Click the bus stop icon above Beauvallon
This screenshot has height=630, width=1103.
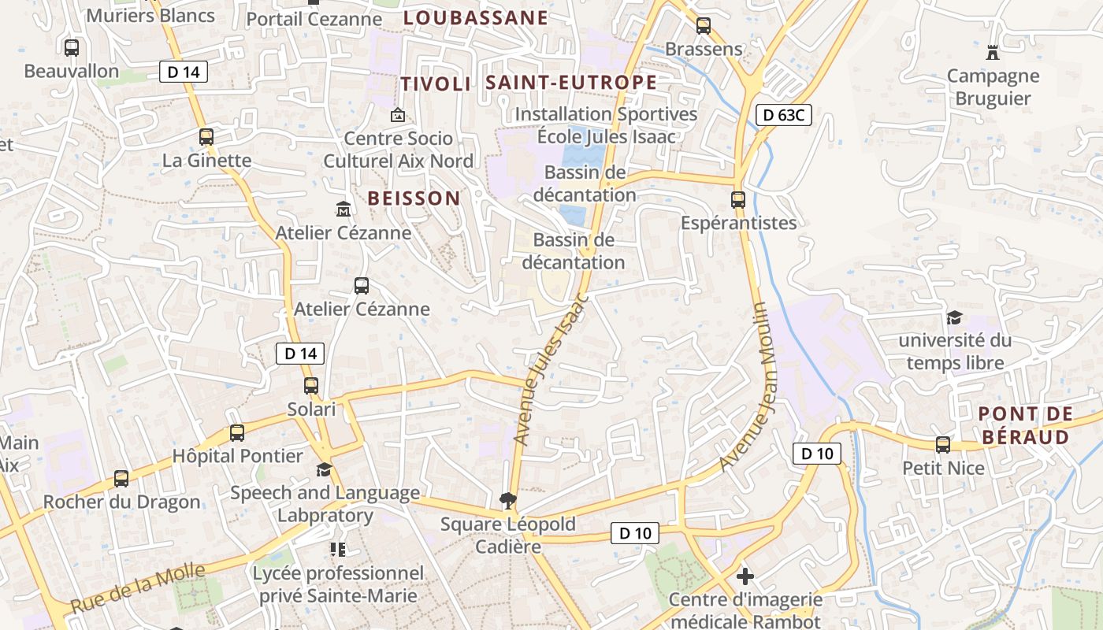point(72,48)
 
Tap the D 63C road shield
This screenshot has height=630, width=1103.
point(783,115)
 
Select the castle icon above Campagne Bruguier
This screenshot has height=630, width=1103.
point(993,53)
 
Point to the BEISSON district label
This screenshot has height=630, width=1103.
point(414,198)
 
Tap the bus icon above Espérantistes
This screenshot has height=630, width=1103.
point(738,200)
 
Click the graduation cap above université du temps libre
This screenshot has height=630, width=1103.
point(955,318)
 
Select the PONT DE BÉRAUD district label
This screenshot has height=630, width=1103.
point(1025,425)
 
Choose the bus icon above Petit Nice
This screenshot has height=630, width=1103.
point(943,445)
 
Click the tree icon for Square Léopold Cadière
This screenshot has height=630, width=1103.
point(507,501)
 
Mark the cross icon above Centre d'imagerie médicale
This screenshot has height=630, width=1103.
point(745,576)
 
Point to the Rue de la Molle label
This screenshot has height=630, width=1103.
point(138,588)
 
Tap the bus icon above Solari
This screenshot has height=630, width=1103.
point(311,386)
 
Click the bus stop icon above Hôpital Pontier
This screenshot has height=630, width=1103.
point(237,433)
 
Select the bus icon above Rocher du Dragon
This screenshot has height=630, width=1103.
point(121,479)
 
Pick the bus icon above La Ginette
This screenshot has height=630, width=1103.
point(206,137)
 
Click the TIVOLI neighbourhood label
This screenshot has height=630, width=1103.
point(435,84)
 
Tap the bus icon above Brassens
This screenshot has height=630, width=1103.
point(704,26)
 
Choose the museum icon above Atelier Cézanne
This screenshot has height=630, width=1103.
point(344,209)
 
